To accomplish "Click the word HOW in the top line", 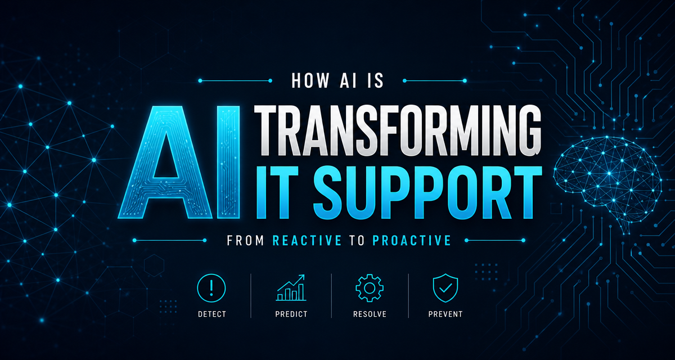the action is click(310, 80).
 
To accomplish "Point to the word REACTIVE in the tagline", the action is click(307, 240).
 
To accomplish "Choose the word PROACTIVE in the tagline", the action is click(412, 240).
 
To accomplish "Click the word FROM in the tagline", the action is click(246, 240).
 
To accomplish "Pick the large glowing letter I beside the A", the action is click(228, 162).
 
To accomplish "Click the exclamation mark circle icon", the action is click(211, 288).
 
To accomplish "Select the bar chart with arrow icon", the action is click(291, 287).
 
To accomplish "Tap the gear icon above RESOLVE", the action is click(370, 288).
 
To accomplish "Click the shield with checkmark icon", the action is click(445, 288).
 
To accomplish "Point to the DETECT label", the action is click(212, 314).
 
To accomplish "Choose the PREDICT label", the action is click(291, 314).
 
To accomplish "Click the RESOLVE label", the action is click(370, 314).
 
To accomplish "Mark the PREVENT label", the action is click(445, 314).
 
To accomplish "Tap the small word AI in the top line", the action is click(348, 80).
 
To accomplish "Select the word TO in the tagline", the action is click(357, 240).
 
